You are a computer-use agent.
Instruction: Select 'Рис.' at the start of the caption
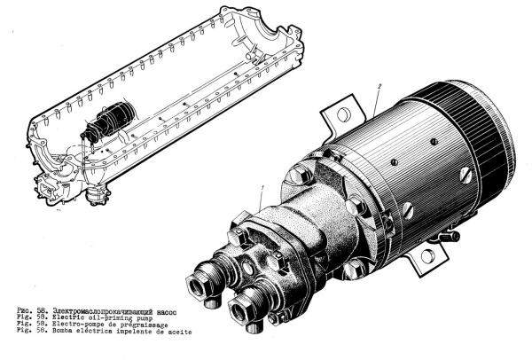pos(23,312)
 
